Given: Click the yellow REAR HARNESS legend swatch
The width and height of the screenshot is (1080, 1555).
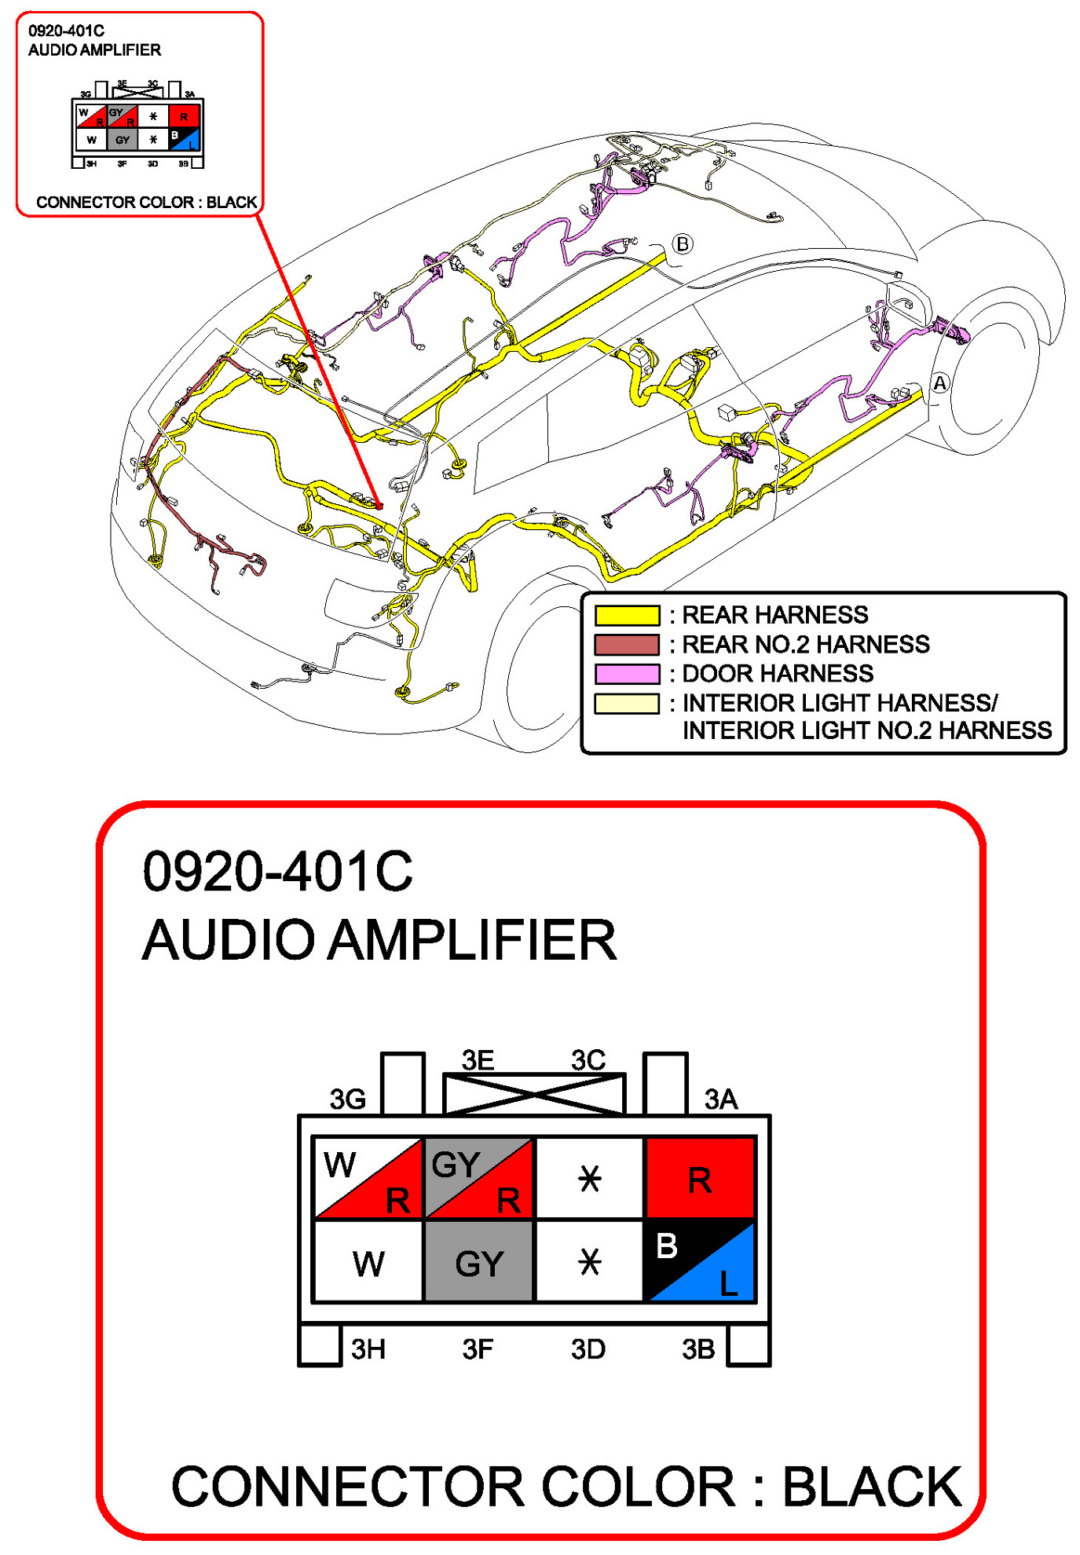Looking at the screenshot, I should pos(626,615).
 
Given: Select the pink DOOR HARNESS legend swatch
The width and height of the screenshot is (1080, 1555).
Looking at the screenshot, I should pos(626,674).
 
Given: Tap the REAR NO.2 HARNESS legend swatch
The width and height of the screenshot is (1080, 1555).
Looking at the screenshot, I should pos(626,645).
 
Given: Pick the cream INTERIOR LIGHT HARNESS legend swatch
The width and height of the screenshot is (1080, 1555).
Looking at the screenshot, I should pos(626,704).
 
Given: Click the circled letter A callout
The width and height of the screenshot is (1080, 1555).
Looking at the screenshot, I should pos(939,383).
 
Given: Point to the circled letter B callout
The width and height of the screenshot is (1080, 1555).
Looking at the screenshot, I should pos(683,244).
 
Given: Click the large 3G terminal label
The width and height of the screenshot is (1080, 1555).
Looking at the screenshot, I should pos(347,1099).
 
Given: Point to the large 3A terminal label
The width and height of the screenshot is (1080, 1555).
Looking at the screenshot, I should pos(720,1099).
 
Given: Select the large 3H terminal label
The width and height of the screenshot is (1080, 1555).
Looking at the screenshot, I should pos(368,1349).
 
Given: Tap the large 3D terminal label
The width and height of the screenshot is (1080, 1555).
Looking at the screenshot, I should pos(588,1349).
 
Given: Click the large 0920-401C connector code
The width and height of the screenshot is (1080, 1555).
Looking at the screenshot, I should pos(277,871).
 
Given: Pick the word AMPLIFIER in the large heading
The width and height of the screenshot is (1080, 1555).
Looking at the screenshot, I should pos(472,940).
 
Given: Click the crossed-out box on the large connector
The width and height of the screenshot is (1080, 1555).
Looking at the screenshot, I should pos(534,1093).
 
